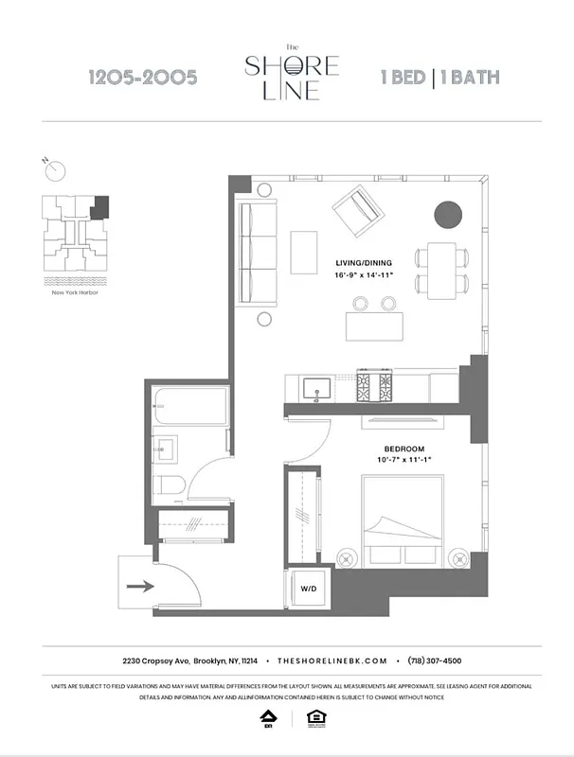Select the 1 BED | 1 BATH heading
click(439, 78)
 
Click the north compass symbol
click(56, 170)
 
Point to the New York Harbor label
click(75, 292)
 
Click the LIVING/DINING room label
click(364, 262)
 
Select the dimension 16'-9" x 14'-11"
click(364, 275)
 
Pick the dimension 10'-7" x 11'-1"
click(404, 460)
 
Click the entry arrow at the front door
click(140, 586)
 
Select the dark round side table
click(449, 215)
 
